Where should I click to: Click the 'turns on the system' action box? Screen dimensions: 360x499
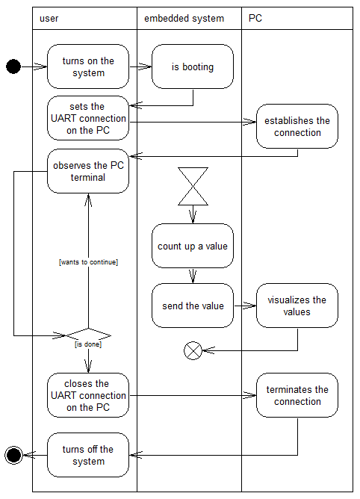88,66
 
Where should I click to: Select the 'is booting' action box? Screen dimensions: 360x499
193,66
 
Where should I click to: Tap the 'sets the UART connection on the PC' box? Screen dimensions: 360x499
88,118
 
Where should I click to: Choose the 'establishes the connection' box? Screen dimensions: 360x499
297,126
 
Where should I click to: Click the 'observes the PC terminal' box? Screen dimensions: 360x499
88,171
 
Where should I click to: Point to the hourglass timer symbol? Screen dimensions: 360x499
193,187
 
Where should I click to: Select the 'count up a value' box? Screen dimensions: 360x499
193,246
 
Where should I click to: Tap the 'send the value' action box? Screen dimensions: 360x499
193,306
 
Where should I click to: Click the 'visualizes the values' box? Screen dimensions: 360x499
297,306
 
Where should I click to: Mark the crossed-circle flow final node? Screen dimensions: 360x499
193,350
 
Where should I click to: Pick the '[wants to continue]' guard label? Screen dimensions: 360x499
88,262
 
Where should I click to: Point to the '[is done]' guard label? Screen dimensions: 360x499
88,344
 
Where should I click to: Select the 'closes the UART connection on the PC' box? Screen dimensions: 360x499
88,395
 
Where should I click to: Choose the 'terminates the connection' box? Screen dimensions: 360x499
297,395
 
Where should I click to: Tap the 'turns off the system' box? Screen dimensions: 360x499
88,455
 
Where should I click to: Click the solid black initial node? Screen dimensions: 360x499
13,66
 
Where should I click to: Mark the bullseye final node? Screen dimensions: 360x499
13,455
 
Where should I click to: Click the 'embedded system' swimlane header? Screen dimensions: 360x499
190,19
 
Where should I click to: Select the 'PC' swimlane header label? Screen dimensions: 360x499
255,18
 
